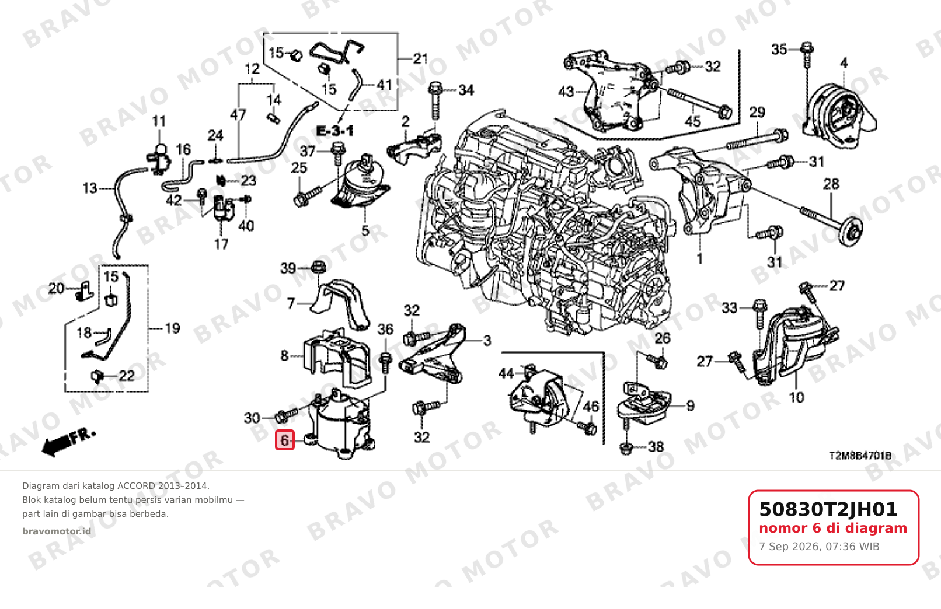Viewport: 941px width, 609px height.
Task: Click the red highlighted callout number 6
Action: pos(284,440)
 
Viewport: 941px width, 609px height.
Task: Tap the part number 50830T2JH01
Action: pos(828,509)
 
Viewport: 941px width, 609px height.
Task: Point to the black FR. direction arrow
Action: pos(69,442)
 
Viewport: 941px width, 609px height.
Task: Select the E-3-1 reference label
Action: pos(334,131)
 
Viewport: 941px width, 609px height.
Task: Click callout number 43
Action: pos(566,91)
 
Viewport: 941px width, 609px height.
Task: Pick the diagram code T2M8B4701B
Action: pos(860,456)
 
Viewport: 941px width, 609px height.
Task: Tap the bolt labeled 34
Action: pos(435,101)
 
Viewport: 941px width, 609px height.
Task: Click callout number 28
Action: pos(831,184)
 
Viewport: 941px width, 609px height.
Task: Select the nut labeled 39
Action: pos(318,267)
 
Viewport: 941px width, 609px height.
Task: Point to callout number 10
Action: pos(796,397)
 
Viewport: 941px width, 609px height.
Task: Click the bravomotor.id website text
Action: pos(57,531)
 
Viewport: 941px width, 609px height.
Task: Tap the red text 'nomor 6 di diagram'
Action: pos(833,528)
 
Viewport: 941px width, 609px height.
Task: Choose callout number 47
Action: pos(238,114)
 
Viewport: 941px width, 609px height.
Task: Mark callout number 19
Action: pos(172,328)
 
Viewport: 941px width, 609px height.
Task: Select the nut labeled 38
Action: pos(626,448)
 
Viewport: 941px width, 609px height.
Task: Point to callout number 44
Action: pos(506,373)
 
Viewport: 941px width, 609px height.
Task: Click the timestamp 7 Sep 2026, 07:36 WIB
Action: pos(819,547)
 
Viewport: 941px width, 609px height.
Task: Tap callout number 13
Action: pos(90,188)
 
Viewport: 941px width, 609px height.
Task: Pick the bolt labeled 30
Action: pos(287,415)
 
